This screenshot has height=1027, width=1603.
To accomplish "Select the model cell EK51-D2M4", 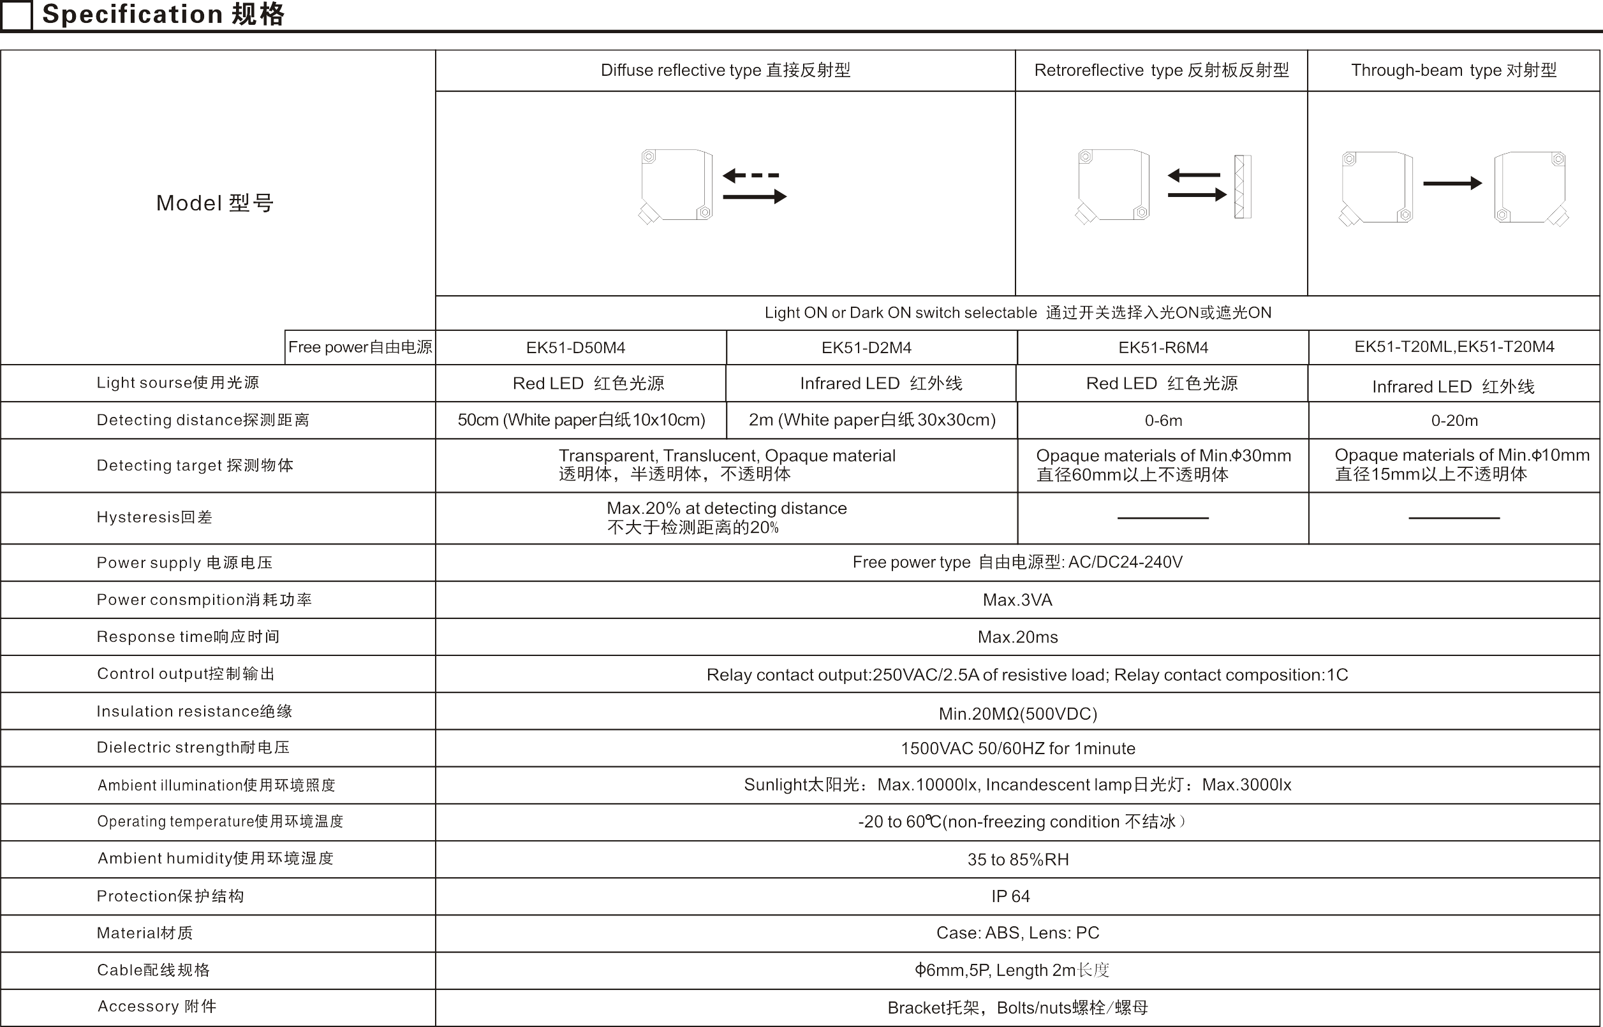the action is click(866, 347).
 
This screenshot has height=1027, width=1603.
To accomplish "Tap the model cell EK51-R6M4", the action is click(1163, 347).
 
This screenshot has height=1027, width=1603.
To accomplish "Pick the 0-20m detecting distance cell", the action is click(1454, 421).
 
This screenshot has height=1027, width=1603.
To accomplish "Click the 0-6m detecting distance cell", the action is click(1163, 421).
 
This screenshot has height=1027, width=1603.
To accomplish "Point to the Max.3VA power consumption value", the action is click(1017, 600).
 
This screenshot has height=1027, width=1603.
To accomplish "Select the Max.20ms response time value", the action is click(1017, 637).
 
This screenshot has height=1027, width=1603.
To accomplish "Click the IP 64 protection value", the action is click(1010, 896).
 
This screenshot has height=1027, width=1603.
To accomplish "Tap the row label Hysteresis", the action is click(154, 517).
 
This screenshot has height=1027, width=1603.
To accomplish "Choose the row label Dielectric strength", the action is click(193, 747).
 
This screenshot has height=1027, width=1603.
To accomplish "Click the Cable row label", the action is click(154, 970).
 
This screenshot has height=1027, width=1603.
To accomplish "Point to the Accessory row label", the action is click(157, 1006).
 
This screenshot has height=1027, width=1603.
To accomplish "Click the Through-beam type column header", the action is click(1454, 70).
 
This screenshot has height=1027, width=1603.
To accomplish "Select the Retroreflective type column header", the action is click(1162, 70).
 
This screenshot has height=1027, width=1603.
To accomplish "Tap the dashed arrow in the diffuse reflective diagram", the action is click(750, 175).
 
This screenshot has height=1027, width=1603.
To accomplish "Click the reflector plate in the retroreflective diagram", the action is click(1242, 187).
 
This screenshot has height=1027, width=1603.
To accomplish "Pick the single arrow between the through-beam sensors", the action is click(1452, 183).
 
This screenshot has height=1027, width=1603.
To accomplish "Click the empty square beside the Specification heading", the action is click(16, 15).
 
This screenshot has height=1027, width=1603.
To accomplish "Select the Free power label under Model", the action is click(360, 347).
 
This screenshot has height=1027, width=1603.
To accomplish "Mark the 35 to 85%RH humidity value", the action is click(1018, 859).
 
